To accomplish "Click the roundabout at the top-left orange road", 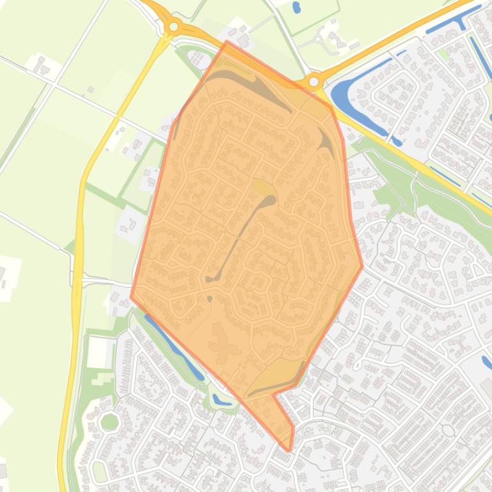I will [x=173, y=27].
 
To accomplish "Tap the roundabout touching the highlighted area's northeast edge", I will [x=313, y=81].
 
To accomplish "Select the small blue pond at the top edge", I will [x=296, y=8].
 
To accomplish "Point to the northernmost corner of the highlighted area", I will [x=227, y=42].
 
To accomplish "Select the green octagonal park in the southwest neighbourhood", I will [x=109, y=422].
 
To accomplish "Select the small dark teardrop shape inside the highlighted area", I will [x=210, y=298].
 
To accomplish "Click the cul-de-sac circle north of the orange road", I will [x=318, y=39].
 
